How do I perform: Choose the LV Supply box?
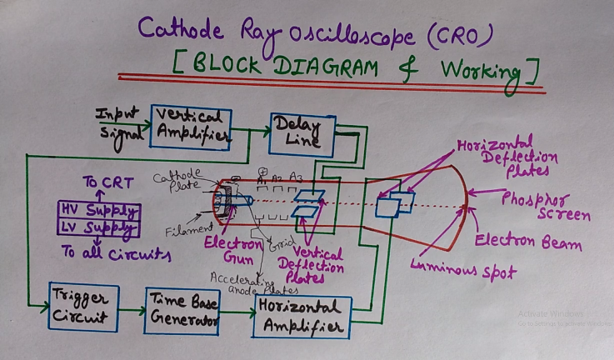[97, 227]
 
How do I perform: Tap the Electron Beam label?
[527, 243]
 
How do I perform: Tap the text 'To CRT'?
[102, 183]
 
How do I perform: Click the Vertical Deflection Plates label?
[316, 261]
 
